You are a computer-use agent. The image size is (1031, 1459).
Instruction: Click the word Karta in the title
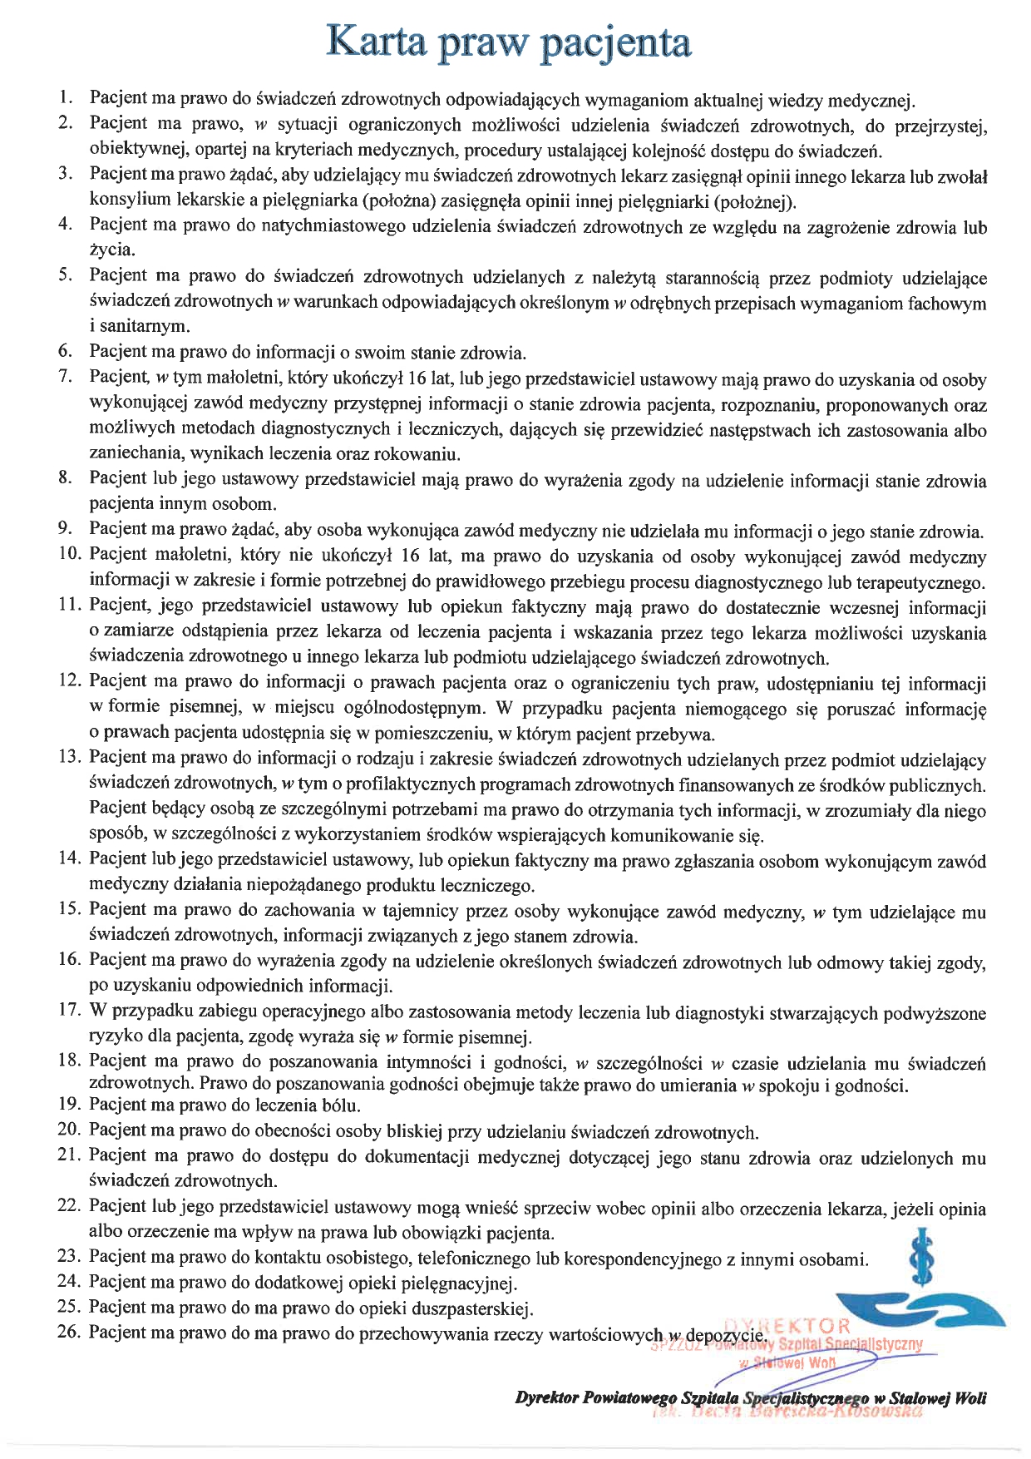pos(375,42)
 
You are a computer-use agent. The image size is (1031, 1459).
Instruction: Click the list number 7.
pos(67,376)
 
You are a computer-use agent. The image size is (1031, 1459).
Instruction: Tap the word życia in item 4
pos(111,250)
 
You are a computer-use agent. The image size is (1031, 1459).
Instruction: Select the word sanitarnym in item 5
pos(144,325)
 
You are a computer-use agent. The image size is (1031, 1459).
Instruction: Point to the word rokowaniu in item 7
pos(418,454)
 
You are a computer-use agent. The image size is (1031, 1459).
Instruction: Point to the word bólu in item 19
pos(340,1105)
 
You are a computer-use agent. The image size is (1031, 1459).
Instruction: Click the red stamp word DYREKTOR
pos(789,1326)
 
